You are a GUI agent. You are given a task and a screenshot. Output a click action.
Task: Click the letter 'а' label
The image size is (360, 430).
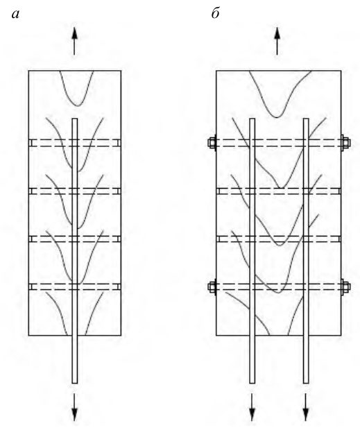pyautogui.click(x=16, y=14)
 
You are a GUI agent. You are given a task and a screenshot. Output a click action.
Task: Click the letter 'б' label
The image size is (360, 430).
pyautogui.click(x=216, y=12)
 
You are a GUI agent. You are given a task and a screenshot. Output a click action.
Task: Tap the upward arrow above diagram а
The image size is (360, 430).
pyautogui.click(x=74, y=42)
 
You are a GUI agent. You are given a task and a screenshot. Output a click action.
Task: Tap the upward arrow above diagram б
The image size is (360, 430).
pyautogui.click(x=277, y=42)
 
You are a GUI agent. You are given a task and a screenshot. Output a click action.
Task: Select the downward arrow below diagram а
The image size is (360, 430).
pyautogui.click(x=74, y=407)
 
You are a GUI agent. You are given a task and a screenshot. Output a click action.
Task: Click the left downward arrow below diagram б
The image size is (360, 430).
pyautogui.click(x=252, y=407)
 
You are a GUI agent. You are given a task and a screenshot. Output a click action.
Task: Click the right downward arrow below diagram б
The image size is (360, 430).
pyautogui.click(x=306, y=407)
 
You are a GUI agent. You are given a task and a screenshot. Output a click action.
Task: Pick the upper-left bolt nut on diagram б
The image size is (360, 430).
pyautogui.click(x=212, y=143)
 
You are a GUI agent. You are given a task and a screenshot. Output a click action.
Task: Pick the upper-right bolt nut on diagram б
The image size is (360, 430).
pyautogui.click(x=345, y=143)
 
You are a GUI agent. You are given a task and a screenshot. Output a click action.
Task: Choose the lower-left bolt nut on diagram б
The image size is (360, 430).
pyautogui.click(x=212, y=287)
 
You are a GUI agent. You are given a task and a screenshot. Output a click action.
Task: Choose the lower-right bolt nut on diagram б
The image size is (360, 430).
pyautogui.click(x=345, y=287)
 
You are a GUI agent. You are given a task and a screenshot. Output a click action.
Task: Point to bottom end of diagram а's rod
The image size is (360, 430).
pyautogui.click(x=75, y=383)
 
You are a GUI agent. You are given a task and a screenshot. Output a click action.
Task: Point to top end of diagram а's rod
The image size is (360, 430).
pyautogui.click(x=75, y=119)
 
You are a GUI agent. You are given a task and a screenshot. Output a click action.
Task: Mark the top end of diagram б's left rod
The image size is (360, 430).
pyautogui.click(x=252, y=119)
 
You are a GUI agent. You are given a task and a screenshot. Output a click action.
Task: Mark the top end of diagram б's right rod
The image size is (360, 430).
pyautogui.click(x=306, y=119)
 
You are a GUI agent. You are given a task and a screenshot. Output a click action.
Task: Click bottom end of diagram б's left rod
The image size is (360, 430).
pyautogui.click(x=252, y=383)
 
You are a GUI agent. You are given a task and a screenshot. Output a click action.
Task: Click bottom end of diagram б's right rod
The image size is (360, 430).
pyautogui.click(x=306, y=383)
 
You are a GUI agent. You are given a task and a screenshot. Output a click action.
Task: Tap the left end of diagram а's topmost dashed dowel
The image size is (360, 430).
pyautogui.click(x=29, y=143)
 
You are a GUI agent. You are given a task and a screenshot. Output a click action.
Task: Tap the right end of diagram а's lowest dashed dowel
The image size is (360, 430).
pyautogui.click(x=121, y=286)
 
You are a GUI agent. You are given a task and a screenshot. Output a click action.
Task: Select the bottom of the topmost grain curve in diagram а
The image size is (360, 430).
pyautogui.click(x=78, y=106)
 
